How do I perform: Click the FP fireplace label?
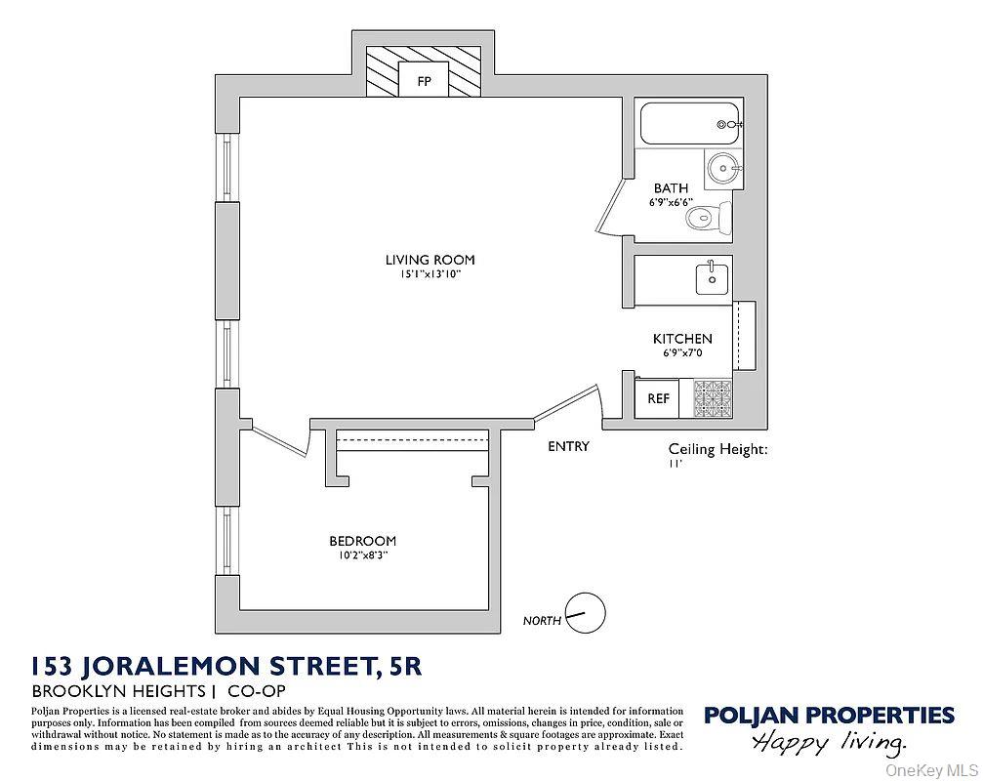click(x=424, y=81)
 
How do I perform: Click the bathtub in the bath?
click(x=689, y=124)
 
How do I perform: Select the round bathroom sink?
click(x=723, y=169)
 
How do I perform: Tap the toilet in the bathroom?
click(x=710, y=217)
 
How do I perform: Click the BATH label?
click(x=671, y=187)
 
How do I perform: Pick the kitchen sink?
click(x=711, y=277)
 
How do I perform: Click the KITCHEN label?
click(x=682, y=339)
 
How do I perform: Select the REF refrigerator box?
click(x=659, y=398)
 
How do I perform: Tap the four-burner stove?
click(x=713, y=398)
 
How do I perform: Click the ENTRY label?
click(x=568, y=446)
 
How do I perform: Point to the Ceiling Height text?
click(x=718, y=449)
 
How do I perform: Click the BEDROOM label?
click(x=362, y=541)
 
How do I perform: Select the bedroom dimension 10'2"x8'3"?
click(x=362, y=555)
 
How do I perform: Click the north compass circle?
click(x=586, y=613)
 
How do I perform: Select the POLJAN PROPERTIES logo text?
click(x=829, y=715)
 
